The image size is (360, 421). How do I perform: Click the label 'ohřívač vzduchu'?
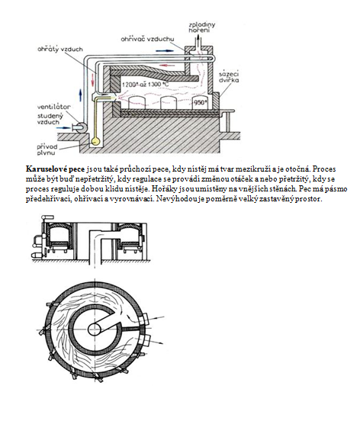click(x=147, y=39)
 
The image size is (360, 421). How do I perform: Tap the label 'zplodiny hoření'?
click(x=202, y=27)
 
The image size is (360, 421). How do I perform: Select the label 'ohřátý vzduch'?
click(x=60, y=50)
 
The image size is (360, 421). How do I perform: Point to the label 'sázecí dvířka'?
click(x=229, y=77)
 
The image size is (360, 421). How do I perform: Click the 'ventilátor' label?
click(x=53, y=107)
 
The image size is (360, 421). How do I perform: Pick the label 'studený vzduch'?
click(x=50, y=119)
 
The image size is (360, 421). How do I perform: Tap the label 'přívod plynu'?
click(x=47, y=149)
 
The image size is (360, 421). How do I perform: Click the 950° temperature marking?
click(x=201, y=102)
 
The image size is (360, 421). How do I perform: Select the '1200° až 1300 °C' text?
click(x=146, y=85)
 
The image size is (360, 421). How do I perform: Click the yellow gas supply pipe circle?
click(x=96, y=141)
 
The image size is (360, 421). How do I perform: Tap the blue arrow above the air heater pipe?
click(x=163, y=51)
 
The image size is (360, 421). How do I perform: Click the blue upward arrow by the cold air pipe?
click(x=80, y=95)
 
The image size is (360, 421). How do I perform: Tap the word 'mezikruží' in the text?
click(x=250, y=169)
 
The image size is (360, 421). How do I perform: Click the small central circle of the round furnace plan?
click(x=95, y=329)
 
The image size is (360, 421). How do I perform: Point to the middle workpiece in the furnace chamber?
click(x=169, y=103)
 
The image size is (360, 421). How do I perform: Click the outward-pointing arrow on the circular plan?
click(x=156, y=342)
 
